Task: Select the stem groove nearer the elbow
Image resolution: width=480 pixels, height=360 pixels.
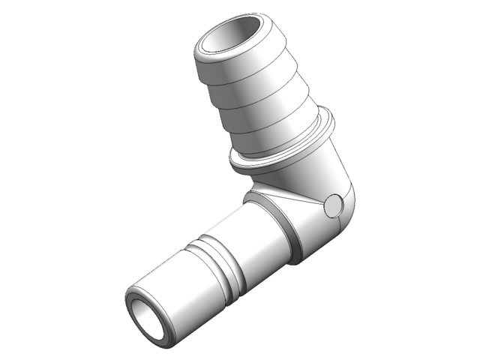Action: pyautogui.click(x=217, y=255)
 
